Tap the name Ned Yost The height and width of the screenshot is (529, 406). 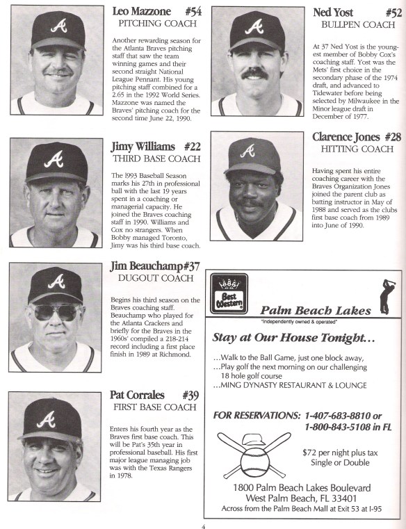(x=334, y=12)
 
